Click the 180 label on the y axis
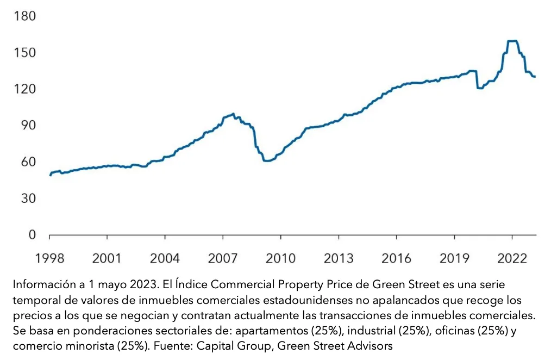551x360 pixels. click(x=25, y=16)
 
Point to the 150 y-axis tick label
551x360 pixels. click(x=25, y=53)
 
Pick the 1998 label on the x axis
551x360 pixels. click(x=49, y=257)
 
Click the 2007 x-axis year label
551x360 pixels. click(x=223, y=257)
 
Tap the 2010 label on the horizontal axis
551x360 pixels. click(x=281, y=257)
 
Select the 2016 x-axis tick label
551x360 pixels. click(x=396, y=257)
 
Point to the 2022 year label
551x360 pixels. click(x=512, y=257)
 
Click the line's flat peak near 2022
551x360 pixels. click(x=512, y=41)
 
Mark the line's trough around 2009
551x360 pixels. click(x=266, y=161)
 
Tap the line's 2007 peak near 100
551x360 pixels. click(x=233, y=114)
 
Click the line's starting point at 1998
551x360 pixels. click(x=50, y=175)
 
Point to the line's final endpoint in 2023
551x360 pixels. click(x=535, y=77)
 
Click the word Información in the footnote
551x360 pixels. click(x=44, y=284)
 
